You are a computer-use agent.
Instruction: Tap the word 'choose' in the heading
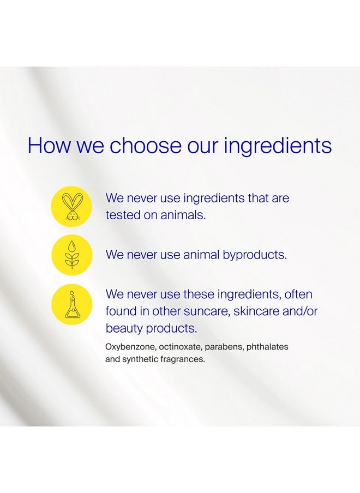pyautogui.click(x=145, y=145)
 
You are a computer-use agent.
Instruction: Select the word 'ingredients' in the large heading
pyautogui.click(x=278, y=146)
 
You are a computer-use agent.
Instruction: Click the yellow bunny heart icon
pyautogui.click(x=71, y=206)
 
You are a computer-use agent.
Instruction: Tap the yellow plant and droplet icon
pyautogui.click(x=71, y=255)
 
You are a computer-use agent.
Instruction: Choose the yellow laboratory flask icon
pyautogui.click(x=71, y=304)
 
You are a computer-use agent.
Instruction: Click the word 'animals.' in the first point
pyautogui.click(x=183, y=215)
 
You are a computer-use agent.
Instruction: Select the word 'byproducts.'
pyautogui.click(x=255, y=255)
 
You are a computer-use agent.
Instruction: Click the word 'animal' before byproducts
pyautogui.click(x=201, y=255)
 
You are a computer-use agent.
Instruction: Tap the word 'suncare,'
pyautogui.click(x=207, y=311)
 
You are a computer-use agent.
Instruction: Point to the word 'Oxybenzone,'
pyautogui.click(x=130, y=347)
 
